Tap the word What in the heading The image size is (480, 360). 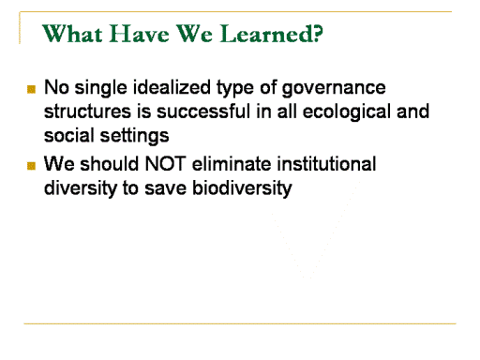[72, 33]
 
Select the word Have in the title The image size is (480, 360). [140, 34]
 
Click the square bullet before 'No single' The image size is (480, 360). [31, 89]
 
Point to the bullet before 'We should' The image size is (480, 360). [31, 166]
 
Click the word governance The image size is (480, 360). [334, 88]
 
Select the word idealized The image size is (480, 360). [172, 87]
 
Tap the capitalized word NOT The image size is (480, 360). [166, 163]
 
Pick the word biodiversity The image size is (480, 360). [242, 188]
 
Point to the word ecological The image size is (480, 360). [347, 112]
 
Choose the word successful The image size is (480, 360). [203, 112]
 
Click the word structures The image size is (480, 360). [87, 112]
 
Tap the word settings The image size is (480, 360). [134, 136]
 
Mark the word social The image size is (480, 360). [69, 135]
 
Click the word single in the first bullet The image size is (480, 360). [100, 88]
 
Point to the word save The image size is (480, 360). [165, 188]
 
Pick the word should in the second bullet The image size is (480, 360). [109, 163]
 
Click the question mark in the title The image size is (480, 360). [318, 33]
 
